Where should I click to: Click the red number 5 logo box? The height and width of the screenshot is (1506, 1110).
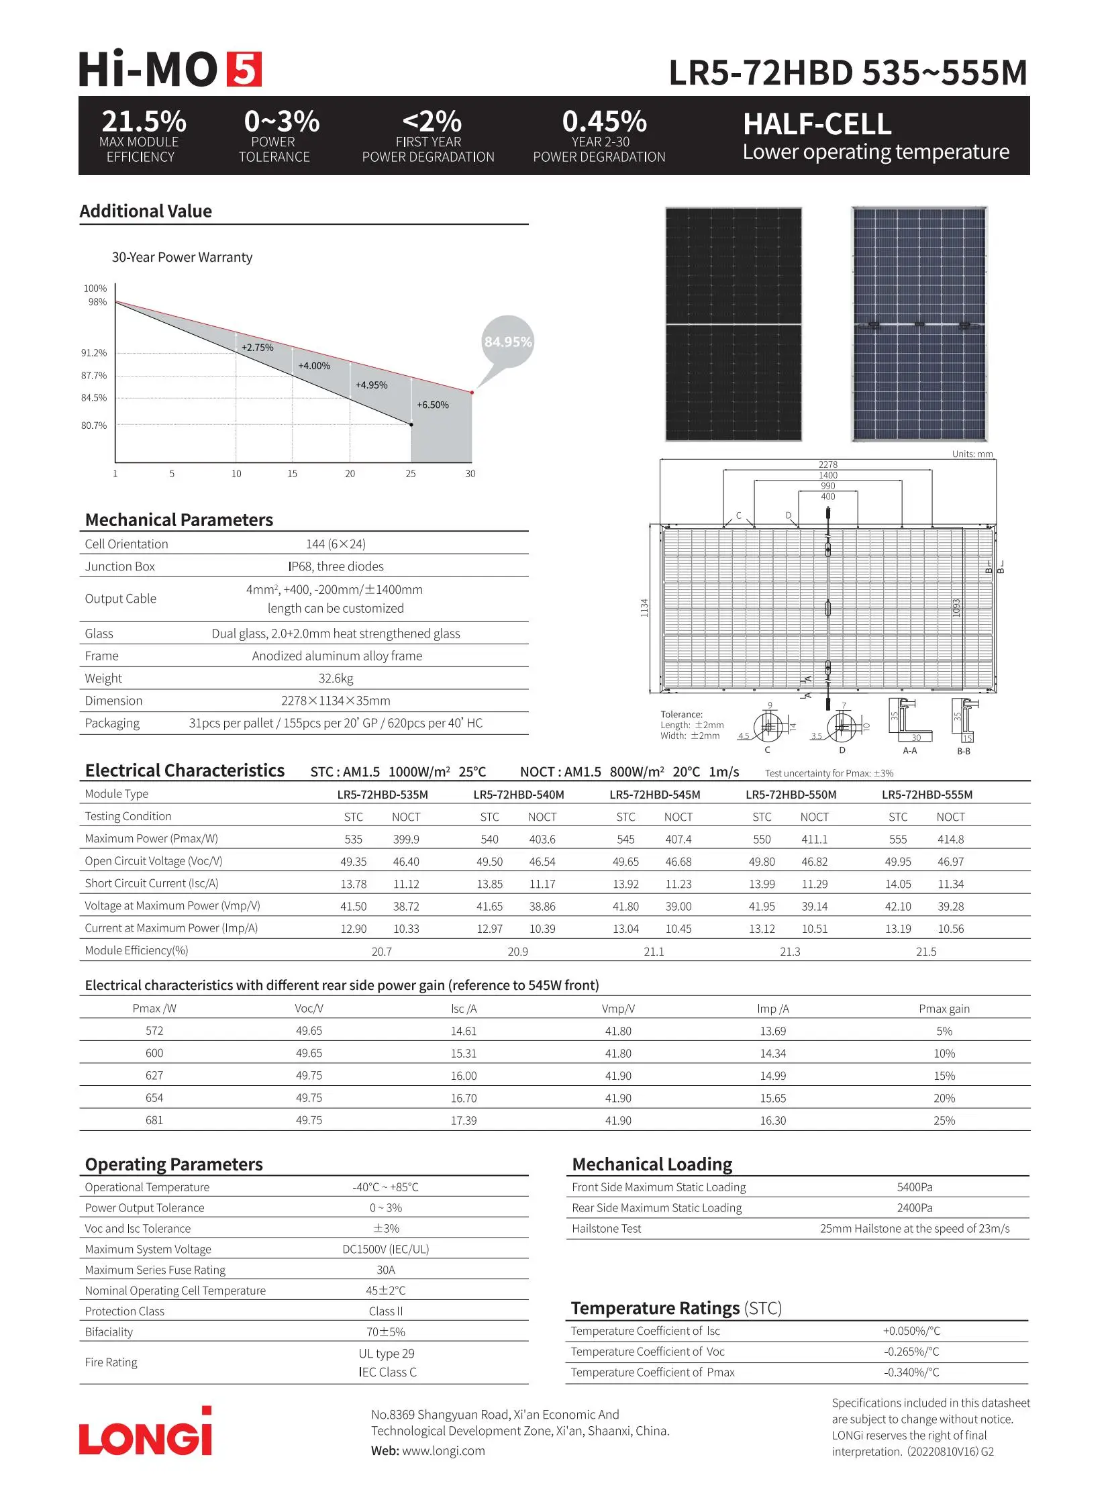click(x=243, y=69)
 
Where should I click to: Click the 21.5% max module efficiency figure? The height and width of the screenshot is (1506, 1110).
click(x=143, y=121)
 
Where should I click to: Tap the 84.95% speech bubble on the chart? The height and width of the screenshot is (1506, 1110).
click(x=507, y=342)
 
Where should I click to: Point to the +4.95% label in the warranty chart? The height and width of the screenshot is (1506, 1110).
click(x=372, y=385)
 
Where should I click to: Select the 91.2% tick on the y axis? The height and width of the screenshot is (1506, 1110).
click(x=94, y=353)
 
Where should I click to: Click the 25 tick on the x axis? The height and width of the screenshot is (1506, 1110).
click(x=411, y=474)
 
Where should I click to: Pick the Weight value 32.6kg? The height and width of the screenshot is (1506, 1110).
click(x=336, y=678)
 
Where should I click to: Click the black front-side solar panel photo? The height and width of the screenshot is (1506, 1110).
click(x=733, y=324)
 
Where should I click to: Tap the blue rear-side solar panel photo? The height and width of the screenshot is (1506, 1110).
click(x=919, y=324)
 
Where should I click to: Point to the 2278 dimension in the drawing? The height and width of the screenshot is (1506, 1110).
click(x=827, y=464)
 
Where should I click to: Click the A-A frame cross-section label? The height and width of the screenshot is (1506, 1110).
click(x=910, y=750)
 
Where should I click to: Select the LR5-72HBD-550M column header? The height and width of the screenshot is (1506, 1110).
click(x=791, y=795)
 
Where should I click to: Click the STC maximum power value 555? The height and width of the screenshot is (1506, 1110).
click(x=898, y=840)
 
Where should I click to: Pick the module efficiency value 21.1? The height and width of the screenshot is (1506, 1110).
click(x=653, y=952)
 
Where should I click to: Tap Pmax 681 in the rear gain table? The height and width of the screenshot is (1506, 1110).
click(x=154, y=1120)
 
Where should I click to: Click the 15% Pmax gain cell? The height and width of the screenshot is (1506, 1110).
click(x=944, y=1076)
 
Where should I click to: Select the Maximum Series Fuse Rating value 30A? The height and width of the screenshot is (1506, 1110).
click(x=386, y=1270)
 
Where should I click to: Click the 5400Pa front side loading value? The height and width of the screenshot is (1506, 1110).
click(x=915, y=1187)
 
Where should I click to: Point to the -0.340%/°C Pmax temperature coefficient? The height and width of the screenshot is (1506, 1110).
click(x=911, y=1372)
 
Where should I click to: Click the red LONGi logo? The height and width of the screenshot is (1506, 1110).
click(x=146, y=1435)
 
